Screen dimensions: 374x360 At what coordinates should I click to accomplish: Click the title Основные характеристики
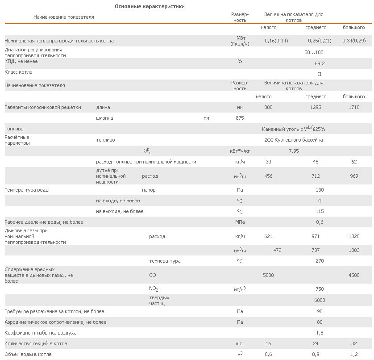click(x=150, y=6)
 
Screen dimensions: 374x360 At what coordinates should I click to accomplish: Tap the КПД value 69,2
click(x=320, y=63)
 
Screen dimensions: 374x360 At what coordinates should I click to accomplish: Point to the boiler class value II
click(x=320, y=74)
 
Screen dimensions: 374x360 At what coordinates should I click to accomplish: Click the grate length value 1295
click(x=316, y=107)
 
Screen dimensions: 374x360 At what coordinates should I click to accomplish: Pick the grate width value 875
click(x=240, y=118)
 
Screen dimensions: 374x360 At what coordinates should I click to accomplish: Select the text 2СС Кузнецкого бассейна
click(x=293, y=140)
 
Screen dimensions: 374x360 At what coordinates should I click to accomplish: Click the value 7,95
click(x=294, y=151)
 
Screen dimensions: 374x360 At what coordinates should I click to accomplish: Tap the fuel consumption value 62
click(x=354, y=162)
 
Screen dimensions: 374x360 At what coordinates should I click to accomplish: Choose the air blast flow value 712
click(x=316, y=176)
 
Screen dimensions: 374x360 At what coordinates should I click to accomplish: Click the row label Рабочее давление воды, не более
click(x=44, y=222)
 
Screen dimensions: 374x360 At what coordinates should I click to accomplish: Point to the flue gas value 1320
click(x=354, y=236)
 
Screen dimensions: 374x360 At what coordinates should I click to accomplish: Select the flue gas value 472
click(x=277, y=250)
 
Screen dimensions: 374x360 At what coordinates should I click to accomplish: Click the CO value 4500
click(x=354, y=275)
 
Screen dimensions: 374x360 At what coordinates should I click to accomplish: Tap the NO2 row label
click(x=154, y=289)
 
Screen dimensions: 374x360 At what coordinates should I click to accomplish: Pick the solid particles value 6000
click(x=320, y=300)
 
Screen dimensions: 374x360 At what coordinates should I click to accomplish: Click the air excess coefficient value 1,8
click(x=320, y=333)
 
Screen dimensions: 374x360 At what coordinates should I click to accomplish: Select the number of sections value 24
click(x=316, y=344)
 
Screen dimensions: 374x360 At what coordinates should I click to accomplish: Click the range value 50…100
click(x=314, y=53)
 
